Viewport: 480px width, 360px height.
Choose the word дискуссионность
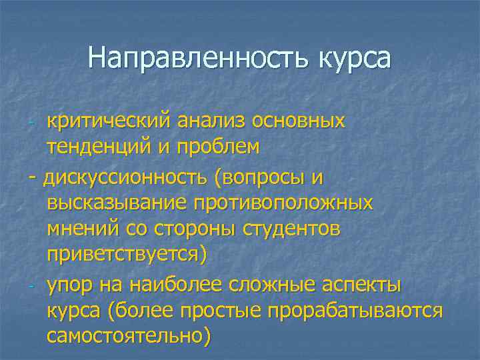pos(125,178)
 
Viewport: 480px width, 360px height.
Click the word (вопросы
pos(261,178)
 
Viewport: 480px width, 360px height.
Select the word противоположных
pos(284,203)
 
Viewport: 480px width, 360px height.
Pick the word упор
pos(69,286)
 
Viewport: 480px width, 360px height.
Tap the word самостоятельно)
pos(129,336)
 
